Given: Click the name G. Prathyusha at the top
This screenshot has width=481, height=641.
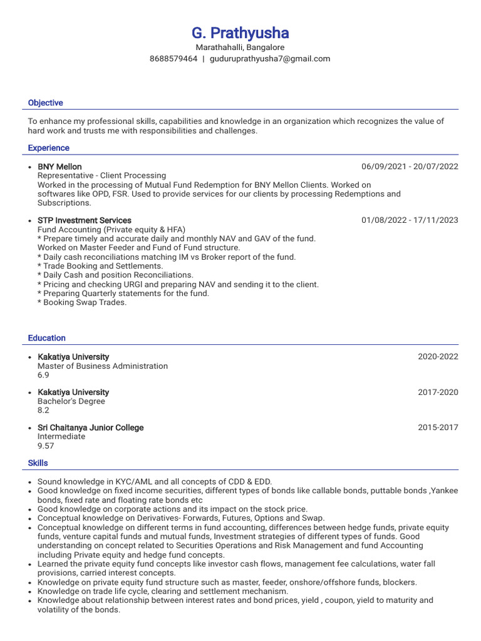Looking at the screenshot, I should click(240, 33).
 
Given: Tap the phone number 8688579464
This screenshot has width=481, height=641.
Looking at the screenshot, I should click(173, 59).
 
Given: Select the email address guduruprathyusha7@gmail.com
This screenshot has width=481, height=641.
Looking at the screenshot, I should click(270, 59).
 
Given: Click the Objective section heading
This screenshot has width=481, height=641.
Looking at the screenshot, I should click(46, 103).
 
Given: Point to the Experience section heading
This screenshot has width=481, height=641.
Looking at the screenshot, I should click(49, 148).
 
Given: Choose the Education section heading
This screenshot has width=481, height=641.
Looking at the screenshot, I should click(47, 338).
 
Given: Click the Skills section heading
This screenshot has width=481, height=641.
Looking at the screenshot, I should click(38, 463).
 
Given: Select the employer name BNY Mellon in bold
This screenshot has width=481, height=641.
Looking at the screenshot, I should click(59, 167).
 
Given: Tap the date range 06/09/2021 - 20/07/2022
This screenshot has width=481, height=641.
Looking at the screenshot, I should click(410, 167).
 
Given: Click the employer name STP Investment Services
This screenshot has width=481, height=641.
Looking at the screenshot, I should click(85, 220).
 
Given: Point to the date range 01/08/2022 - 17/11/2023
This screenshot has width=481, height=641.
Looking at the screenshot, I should click(410, 220).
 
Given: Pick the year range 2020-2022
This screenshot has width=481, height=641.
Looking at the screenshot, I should click(438, 357).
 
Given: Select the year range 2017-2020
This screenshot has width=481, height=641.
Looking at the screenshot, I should click(438, 392).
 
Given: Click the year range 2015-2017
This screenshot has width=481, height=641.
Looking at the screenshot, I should click(438, 428).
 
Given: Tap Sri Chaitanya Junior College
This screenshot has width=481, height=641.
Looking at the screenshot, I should click(91, 428).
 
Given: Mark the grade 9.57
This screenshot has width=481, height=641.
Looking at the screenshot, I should click(46, 446).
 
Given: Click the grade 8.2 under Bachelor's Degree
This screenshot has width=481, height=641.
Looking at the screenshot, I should click(43, 411).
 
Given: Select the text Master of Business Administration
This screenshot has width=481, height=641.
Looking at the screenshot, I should click(103, 366).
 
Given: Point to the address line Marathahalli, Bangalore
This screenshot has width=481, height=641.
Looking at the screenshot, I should click(240, 48).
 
